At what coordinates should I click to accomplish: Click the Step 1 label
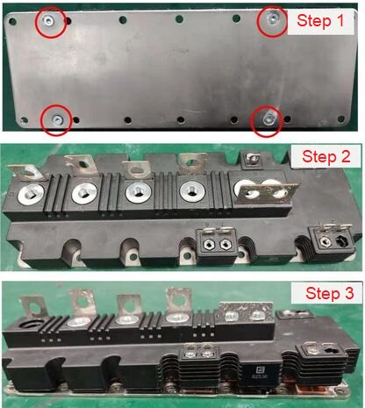pos(320,21)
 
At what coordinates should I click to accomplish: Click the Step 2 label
pos(326,156)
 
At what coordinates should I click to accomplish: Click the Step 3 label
pos(330,293)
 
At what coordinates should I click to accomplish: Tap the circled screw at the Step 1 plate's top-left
pos(47,21)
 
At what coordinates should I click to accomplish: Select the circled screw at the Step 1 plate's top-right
pos(272,19)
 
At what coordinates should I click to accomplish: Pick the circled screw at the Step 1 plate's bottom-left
pos(57,119)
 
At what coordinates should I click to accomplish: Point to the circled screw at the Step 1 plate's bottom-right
pos(267,119)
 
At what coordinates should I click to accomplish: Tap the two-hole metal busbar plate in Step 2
pos(267,192)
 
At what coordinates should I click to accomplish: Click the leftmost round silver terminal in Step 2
pos(31,194)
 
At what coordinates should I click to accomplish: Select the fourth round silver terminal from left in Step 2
pos(192,192)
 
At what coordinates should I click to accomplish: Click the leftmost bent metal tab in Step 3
pos(33,306)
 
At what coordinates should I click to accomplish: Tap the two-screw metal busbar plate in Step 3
pos(245,313)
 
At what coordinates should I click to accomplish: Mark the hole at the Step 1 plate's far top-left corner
pos(12,21)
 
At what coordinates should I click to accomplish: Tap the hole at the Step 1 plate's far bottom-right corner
pos(341,119)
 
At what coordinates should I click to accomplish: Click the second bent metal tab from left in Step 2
pos(82,165)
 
